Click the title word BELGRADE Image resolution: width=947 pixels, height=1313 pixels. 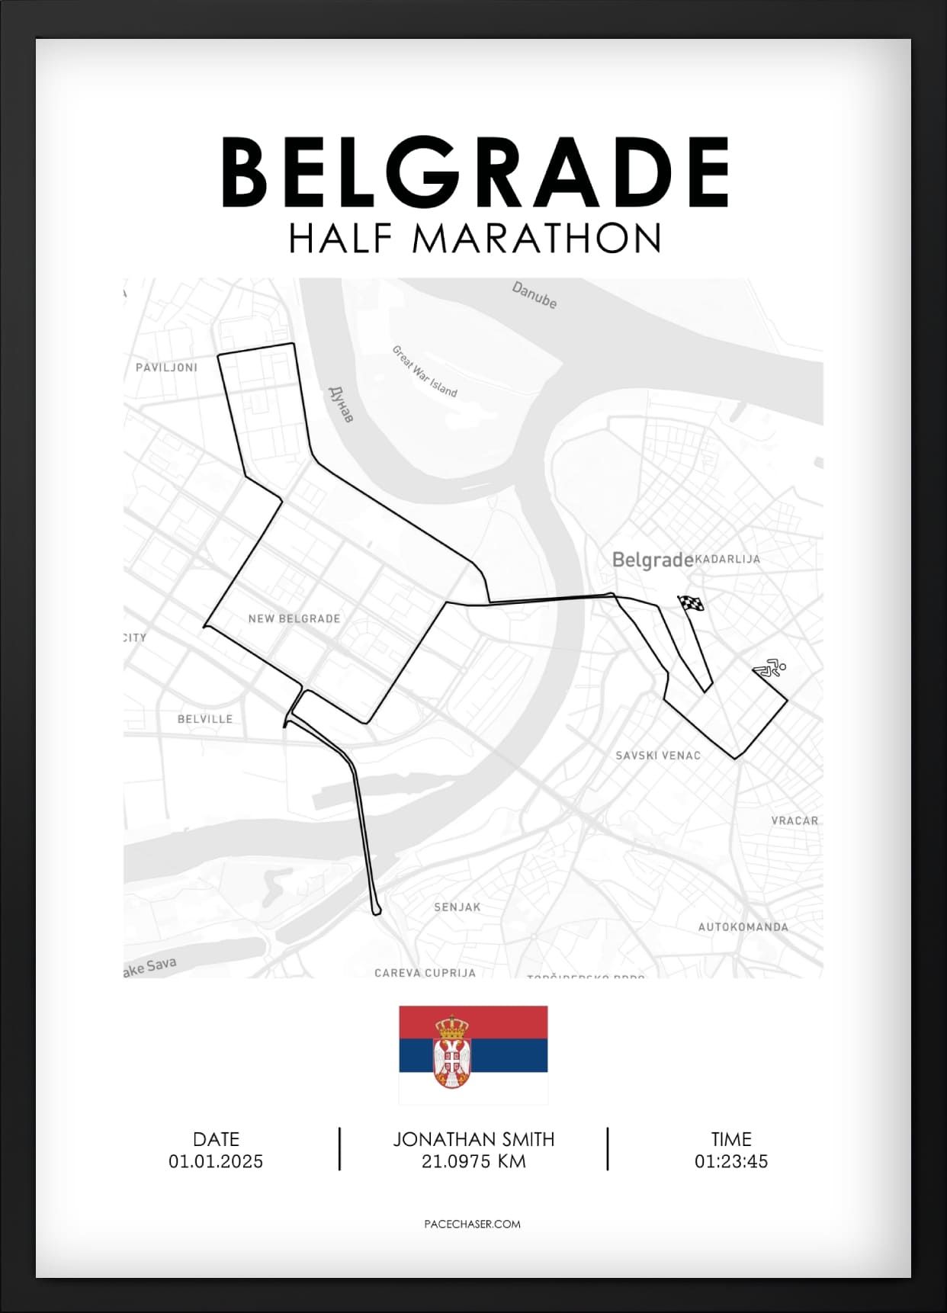(x=474, y=172)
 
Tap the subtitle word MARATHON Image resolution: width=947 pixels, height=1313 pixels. (x=536, y=239)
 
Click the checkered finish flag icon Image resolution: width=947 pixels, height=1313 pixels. (x=691, y=604)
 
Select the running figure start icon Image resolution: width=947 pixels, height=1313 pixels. (x=769, y=669)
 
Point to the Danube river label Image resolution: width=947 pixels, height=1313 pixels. (x=534, y=295)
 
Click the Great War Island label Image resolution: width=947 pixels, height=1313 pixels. (x=424, y=371)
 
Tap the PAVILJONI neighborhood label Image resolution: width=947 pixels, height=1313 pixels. (x=166, y=368)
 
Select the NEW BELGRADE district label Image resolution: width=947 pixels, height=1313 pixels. (x=294, y=618)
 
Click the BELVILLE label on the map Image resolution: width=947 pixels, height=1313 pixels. (x=204, y=719)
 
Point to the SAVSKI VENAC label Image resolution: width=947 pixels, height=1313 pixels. (x=658, y=756)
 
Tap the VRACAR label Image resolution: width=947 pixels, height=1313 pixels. (x=795, y=821)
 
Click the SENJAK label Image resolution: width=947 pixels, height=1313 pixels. (x=457, y=907)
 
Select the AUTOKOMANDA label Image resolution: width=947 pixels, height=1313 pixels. (x=743, y=927)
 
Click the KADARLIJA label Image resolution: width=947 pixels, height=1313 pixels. (x=727, y=559)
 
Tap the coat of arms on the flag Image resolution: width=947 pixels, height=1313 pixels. (x=452, y=1052)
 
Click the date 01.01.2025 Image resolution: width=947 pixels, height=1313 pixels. (x=216, y=1161)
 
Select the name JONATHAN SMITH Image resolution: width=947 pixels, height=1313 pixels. (x=474, y=1139)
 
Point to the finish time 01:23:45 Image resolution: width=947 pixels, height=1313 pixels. (x=730, y=1161)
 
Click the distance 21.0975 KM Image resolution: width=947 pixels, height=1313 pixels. (x=474, y=1161)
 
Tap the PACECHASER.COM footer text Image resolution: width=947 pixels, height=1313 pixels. (x=472, y=1224)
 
